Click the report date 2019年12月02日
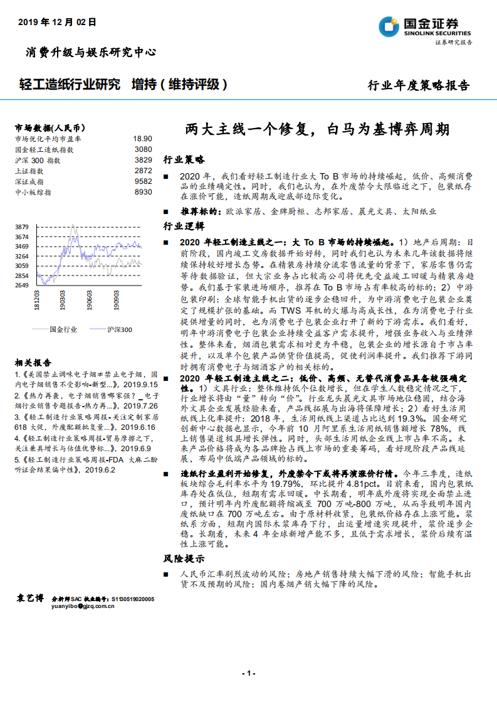(57, 22)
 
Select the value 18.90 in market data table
(142, 138)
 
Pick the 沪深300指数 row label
(38, 160)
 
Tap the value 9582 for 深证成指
(143, 181)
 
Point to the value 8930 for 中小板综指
(143, 192)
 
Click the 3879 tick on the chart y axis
(22, 227)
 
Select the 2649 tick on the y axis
(22, 285)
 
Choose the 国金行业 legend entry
(63, 329)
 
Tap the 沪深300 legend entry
(119, 329)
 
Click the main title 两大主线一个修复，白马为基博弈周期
(317, 130)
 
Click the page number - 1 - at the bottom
(249, 673)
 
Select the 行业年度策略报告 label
(417, 86)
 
